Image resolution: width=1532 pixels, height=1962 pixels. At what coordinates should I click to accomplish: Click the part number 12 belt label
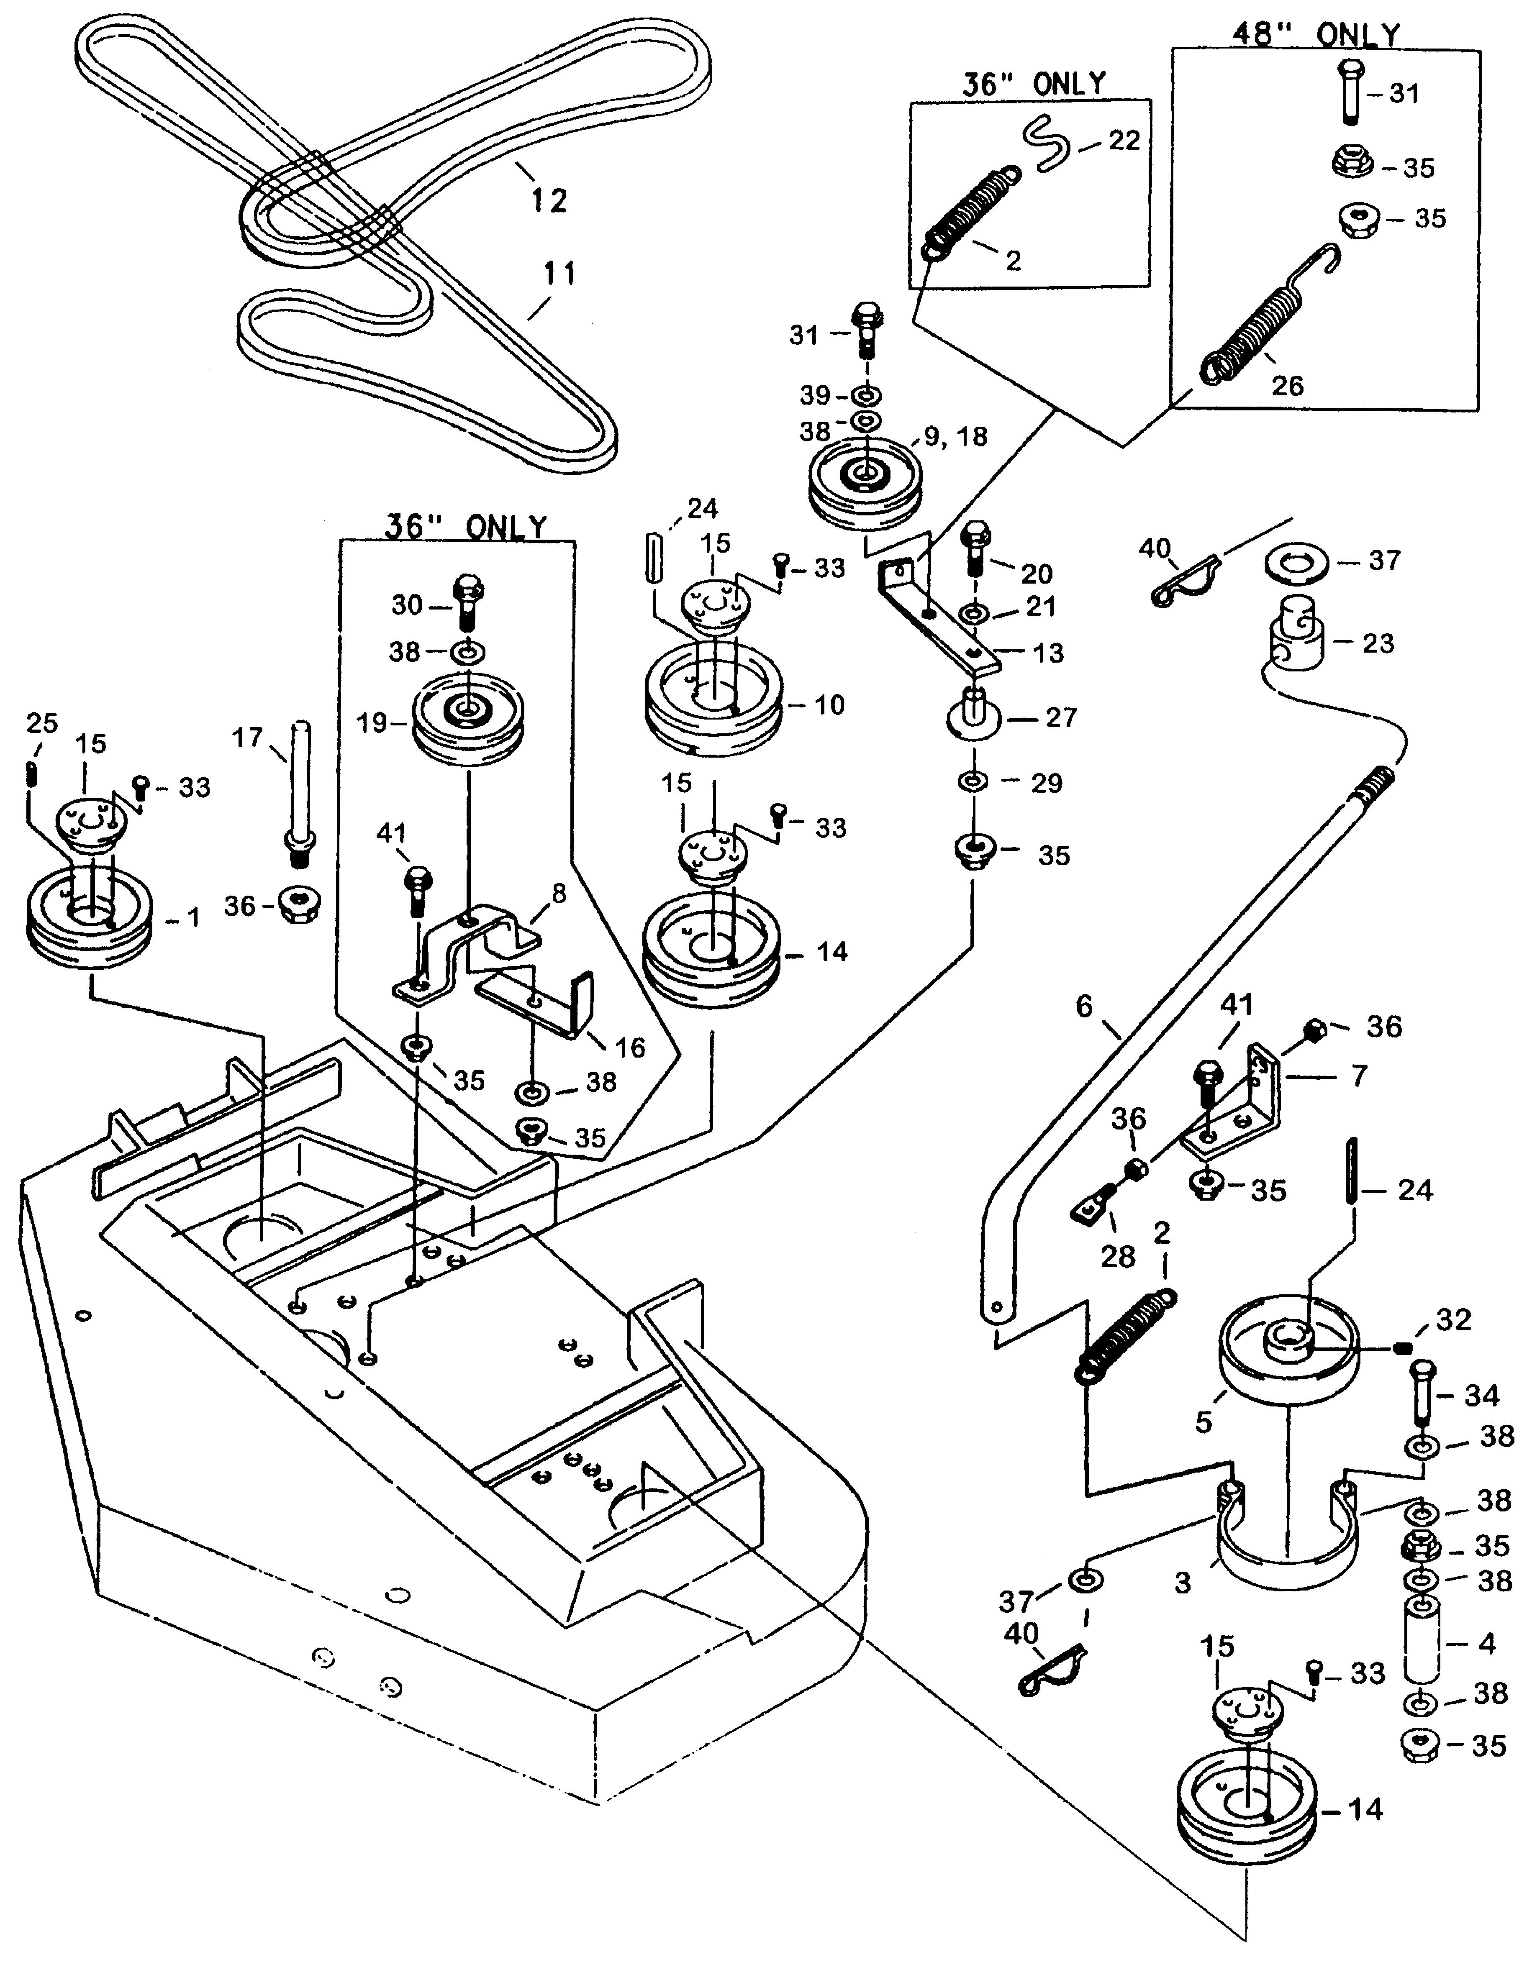549,200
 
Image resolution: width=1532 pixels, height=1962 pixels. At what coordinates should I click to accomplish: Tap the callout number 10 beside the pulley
829,705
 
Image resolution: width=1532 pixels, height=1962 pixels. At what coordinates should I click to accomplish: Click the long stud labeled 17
299,791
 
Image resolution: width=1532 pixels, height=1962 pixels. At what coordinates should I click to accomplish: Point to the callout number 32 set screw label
1454,1320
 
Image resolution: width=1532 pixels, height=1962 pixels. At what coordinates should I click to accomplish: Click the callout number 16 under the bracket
630,1048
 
